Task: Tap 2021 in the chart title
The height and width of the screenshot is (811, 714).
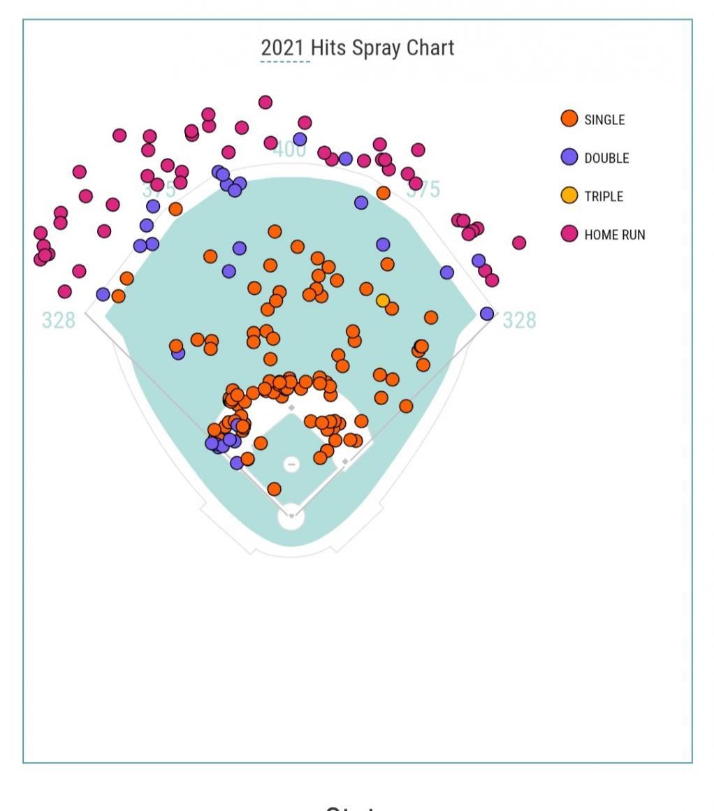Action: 282,48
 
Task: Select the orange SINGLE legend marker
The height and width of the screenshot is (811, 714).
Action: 569,119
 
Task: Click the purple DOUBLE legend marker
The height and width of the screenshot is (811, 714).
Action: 569,157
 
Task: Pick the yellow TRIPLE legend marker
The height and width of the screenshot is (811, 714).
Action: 569,196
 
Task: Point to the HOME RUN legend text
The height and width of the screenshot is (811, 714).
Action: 615,235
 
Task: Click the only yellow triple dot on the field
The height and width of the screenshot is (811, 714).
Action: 383,300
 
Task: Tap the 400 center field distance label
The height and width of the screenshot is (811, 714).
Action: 289,149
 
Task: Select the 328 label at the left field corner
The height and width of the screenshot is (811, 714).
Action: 58,320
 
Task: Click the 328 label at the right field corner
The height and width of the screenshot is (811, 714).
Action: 520,320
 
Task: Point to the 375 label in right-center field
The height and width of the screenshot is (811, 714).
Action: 424,190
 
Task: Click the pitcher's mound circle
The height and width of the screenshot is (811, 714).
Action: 291,464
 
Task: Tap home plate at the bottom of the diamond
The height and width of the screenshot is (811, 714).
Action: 291,516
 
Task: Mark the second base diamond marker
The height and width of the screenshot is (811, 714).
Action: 291,408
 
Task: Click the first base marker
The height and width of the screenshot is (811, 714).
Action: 345,462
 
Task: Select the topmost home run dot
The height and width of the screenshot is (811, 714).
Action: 265,102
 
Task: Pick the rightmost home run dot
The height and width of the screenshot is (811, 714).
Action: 518,242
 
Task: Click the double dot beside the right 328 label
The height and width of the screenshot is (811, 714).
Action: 487,314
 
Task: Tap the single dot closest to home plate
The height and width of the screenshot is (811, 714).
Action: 274,489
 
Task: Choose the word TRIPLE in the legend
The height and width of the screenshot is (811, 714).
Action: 604,196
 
